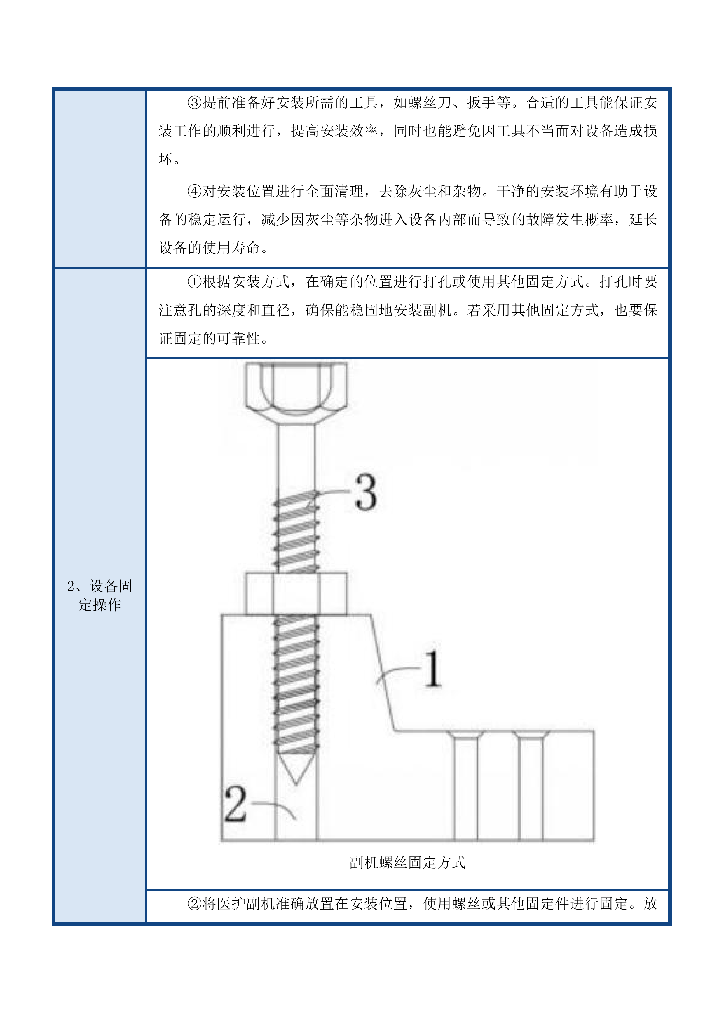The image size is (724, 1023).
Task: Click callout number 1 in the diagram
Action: (432, 669)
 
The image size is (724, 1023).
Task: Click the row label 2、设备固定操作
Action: (100, 595)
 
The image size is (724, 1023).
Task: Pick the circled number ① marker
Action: (195, 282)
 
